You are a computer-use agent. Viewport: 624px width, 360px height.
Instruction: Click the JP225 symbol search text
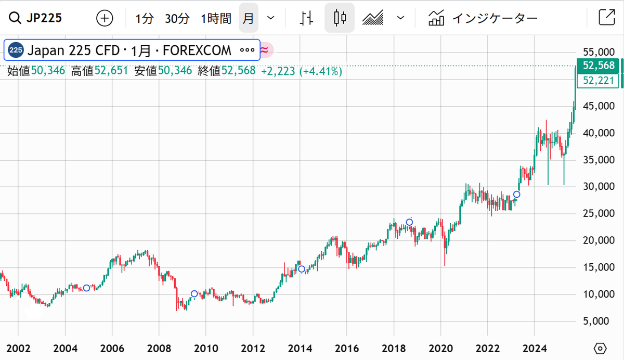coord(44,18)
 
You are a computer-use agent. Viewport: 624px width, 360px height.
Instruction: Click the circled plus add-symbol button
coord(105,18)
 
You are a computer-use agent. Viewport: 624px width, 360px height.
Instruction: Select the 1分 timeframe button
coord(145,19)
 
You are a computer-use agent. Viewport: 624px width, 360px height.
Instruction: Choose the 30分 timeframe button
coord(177,19)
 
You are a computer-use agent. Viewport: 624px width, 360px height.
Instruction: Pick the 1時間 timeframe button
coord(216,19)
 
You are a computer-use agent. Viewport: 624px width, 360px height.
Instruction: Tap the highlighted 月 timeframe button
coord(249,19)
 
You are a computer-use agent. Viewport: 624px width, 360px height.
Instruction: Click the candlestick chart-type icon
coord(340,18)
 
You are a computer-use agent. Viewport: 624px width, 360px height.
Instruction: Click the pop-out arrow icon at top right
coord(606,18)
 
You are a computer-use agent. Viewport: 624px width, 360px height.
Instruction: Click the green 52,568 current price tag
coord(599,66)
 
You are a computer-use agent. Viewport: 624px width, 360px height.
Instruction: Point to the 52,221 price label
coord(599,80)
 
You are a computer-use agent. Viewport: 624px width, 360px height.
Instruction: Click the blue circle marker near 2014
coord(301,269)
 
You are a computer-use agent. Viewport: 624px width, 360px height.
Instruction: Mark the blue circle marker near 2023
coord(516,195)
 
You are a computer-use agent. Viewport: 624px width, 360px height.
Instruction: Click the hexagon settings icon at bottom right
coord(600,348)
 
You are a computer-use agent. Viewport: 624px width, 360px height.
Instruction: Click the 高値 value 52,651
coord(111,71)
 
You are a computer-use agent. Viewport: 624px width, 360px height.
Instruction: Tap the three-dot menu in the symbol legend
coord(247,50)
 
